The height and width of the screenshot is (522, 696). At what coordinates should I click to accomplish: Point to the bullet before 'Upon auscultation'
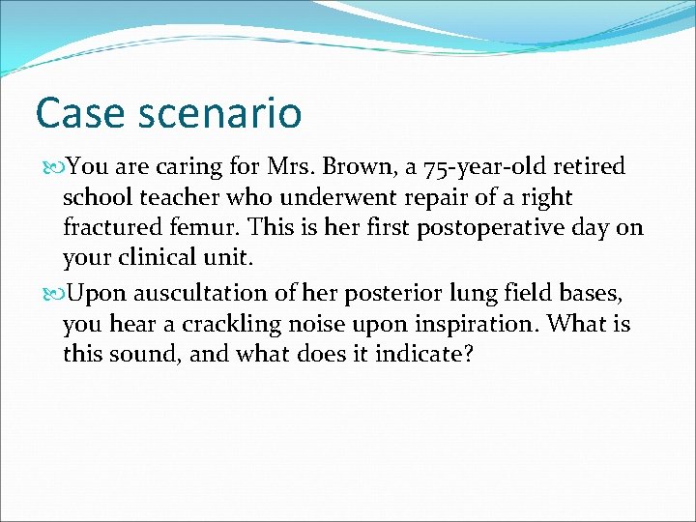coord(53,293)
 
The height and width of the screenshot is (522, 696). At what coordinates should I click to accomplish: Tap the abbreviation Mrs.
coord(293,167)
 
